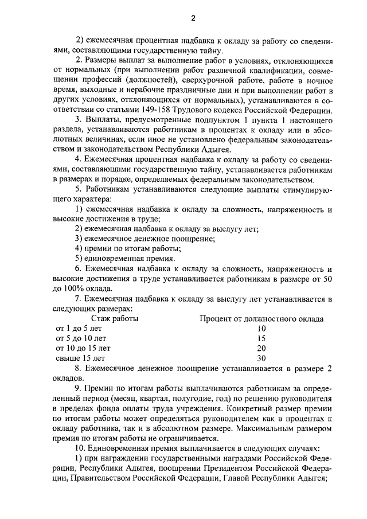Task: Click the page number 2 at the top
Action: click(x=193, y=18)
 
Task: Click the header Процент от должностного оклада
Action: click(x=261, y=319)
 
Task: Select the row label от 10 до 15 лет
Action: click(x=83, y=348)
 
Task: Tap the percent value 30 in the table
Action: click(x=261, y=358)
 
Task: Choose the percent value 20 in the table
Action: click(x=261, y=348)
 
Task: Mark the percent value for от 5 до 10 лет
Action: click(x=261, y=338)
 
